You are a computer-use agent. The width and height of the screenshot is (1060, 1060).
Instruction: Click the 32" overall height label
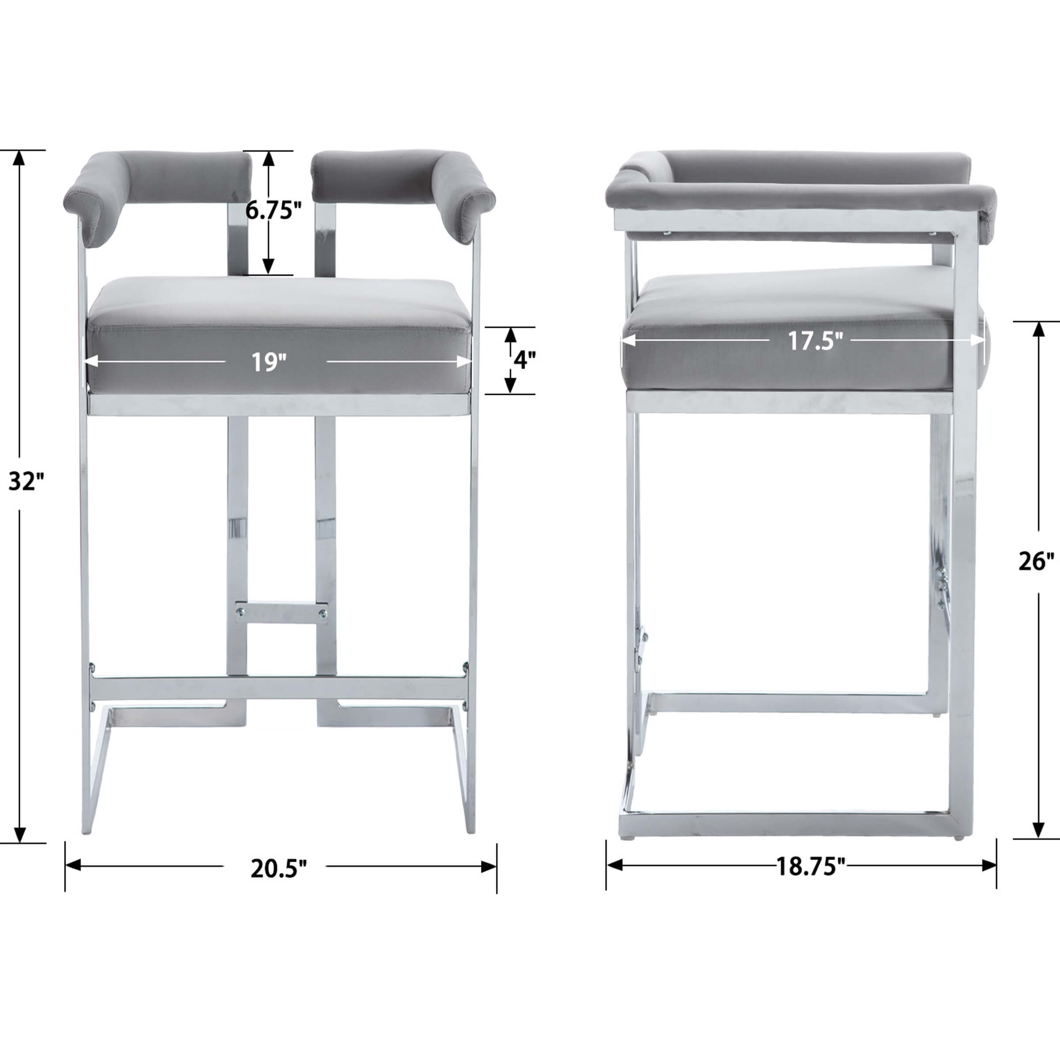point(25,482)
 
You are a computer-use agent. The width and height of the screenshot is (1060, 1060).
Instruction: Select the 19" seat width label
point(269,362)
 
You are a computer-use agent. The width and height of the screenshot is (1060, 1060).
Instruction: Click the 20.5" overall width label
point(278,868)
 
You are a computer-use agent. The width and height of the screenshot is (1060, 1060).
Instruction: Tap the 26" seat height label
point(1036,561)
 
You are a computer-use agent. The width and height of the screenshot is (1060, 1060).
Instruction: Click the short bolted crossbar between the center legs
point(281,613)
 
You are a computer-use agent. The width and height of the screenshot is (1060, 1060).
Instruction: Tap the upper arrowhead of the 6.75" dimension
point(268,159)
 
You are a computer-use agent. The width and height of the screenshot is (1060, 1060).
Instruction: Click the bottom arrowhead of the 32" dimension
point(20,834)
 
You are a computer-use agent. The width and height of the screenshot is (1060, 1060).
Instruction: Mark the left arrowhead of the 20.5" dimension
point(73,866)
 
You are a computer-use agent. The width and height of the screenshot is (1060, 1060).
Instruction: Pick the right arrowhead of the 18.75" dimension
point(989,866)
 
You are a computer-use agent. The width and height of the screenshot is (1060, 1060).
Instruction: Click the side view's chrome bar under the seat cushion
point(790,402)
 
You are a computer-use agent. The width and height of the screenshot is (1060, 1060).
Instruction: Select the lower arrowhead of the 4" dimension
point(510,385)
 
